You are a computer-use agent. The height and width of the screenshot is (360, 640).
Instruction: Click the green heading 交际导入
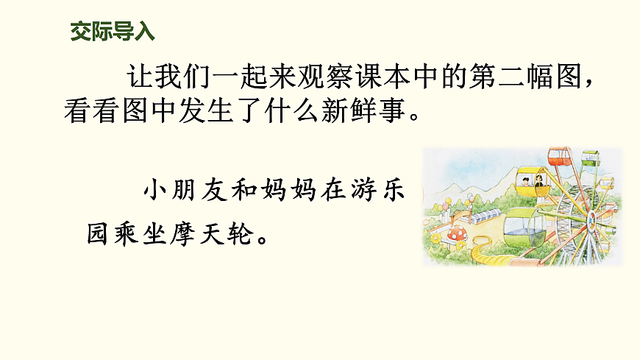point(113,32)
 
